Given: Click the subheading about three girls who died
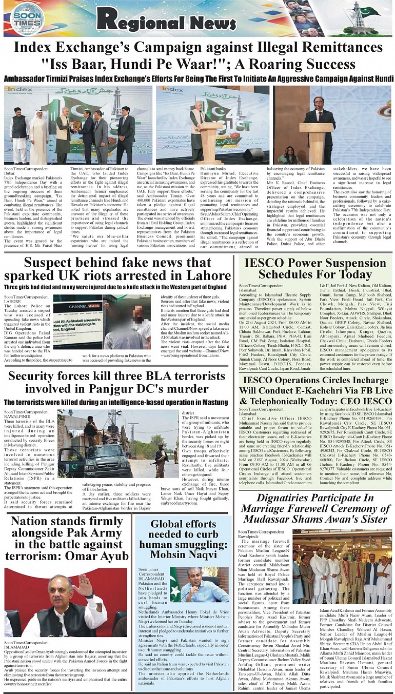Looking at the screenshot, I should click(x=115, y=287).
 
